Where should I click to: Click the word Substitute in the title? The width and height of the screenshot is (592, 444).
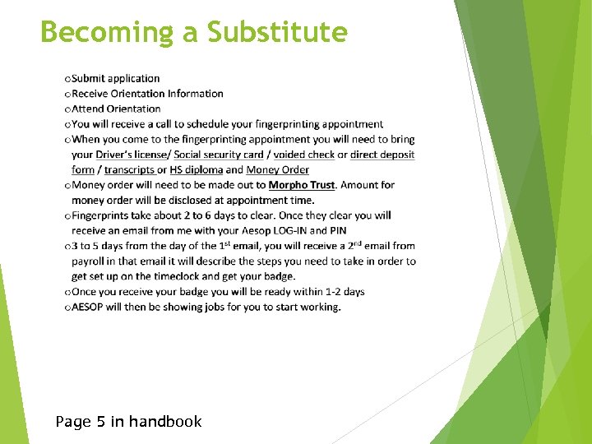277,32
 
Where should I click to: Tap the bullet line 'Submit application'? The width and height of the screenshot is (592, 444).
115,79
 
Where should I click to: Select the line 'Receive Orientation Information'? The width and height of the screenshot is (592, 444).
147,94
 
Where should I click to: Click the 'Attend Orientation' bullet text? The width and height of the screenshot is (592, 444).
116,109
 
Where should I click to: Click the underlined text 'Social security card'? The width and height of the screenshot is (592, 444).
219,155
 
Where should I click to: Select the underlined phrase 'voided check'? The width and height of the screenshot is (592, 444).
304,155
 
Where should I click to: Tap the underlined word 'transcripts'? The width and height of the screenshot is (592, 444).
131,170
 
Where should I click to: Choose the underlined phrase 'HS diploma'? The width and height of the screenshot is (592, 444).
197,170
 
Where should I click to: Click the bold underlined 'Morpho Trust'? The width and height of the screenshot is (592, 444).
302,185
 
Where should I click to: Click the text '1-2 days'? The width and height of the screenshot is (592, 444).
343,292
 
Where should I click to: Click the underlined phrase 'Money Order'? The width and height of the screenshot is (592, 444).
278,170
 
